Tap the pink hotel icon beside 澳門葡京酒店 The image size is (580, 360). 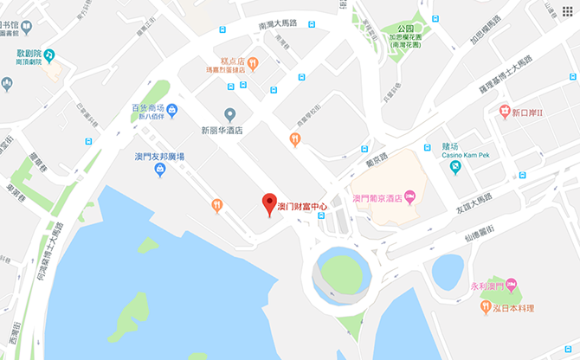click(410, 198)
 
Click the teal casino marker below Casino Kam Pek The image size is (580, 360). click(455, 166)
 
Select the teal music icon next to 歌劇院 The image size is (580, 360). click(49, 56)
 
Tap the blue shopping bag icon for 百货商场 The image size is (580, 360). click(171, 109)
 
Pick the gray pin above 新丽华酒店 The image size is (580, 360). click(229, 114)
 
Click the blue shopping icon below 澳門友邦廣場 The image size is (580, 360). click(160, 170)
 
